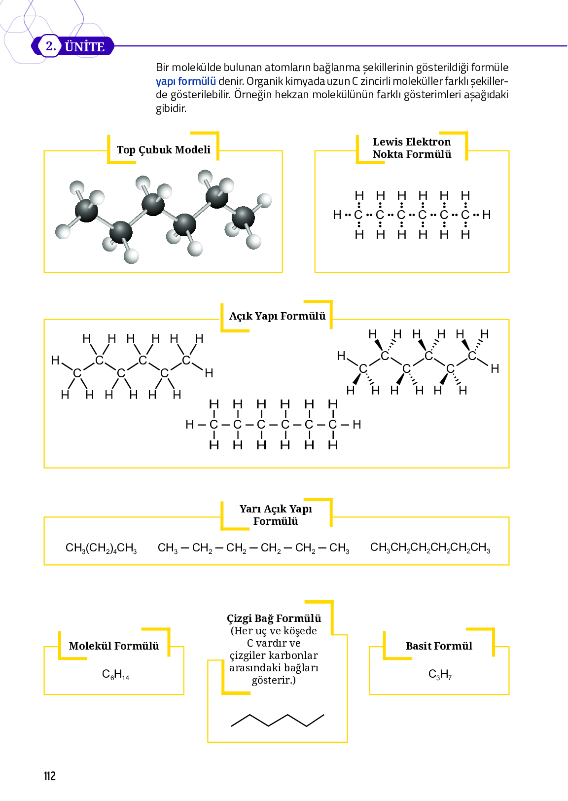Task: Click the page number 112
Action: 50,776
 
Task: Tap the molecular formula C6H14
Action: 115,674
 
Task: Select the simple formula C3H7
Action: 440,674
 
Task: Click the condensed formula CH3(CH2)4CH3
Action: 101,548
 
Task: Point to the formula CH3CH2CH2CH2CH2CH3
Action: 430,548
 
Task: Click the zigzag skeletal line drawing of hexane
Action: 278,720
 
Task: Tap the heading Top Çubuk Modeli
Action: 163,150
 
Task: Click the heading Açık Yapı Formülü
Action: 277,316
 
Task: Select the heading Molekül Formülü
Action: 114,646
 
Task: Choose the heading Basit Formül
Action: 439,646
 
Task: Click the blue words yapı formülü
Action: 186,81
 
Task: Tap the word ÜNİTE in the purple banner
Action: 85,47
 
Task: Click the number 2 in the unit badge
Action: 50,46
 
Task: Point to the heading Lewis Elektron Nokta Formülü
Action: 412,148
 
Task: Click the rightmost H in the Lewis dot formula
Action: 487,215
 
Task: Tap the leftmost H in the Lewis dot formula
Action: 337,215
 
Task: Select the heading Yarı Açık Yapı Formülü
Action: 276,515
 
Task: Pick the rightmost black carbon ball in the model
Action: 243,218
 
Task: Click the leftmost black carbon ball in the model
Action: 86,211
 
